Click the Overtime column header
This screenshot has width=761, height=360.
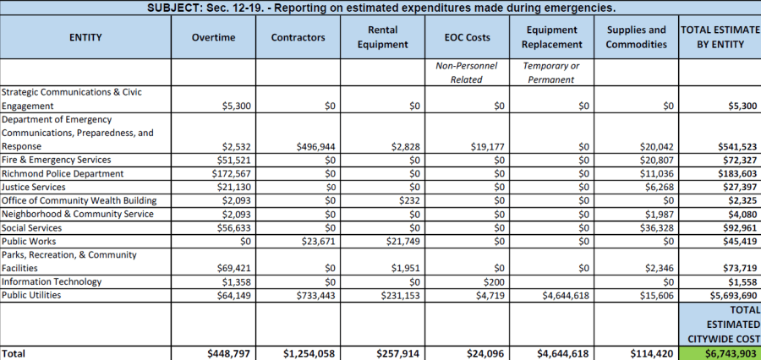[x=213, y=38]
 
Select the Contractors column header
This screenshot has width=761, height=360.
[x=298, y=38]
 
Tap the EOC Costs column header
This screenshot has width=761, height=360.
[x=467, y=38]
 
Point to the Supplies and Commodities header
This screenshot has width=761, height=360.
[x=636, y=37]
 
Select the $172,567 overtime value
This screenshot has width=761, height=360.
[x=232, y=174]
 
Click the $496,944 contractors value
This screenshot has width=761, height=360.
[x=316, y=147]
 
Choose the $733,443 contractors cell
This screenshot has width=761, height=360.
[x=316, y=296]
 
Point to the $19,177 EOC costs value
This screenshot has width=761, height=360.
[x=486, y=147]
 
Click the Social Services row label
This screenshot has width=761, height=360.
[x=32, y=228]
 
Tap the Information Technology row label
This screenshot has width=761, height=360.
[x=52, y=282]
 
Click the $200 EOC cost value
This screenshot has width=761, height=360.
[x=494, y=282]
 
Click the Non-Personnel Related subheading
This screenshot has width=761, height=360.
[x=467, y=73]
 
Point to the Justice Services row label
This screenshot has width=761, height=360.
[x=33, y=187]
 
